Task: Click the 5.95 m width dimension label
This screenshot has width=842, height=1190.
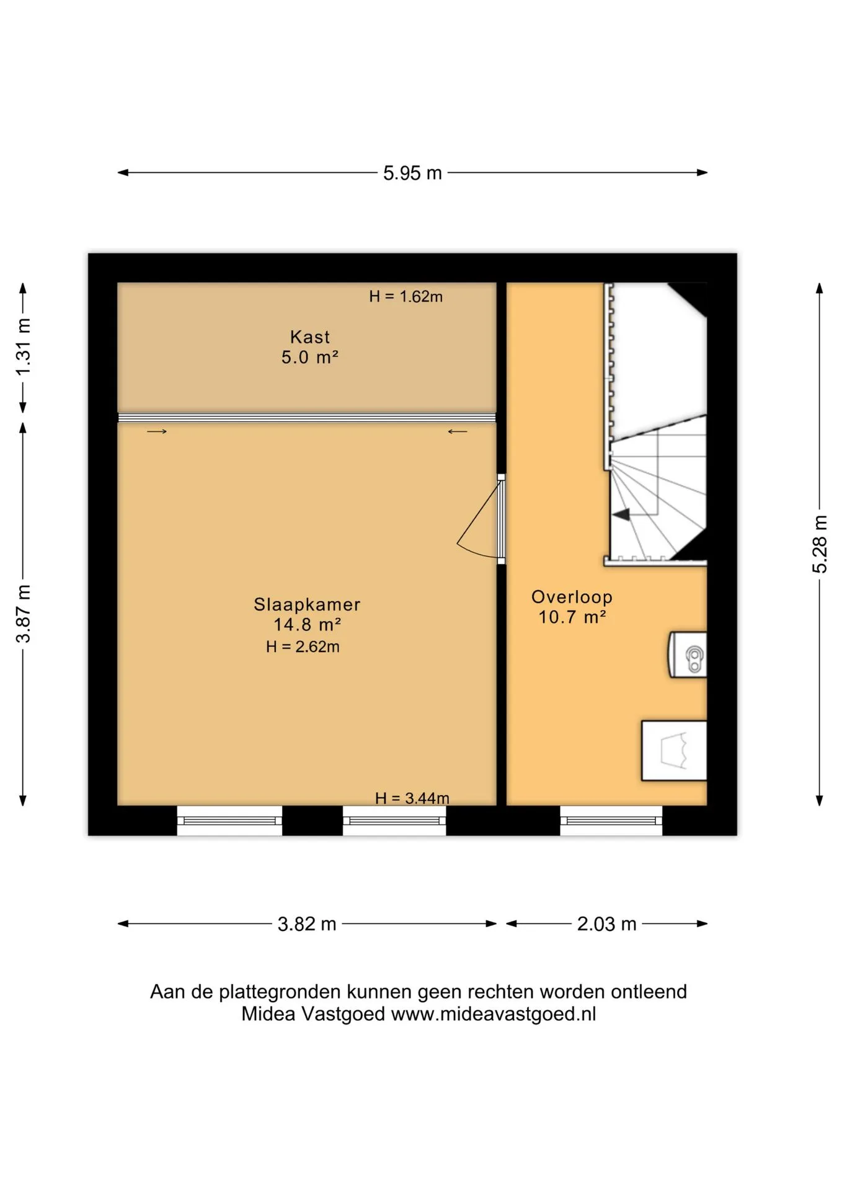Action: (x=412, y=173)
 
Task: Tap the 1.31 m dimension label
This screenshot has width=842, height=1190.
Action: (x=23, y=347)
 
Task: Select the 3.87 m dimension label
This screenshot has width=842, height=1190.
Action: (x=23, y=614)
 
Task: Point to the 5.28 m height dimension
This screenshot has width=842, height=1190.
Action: (x=819, y=544)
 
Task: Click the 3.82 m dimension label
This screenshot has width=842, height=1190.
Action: (x=307, y=924)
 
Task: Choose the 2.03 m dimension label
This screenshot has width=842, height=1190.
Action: (x=606, y=924)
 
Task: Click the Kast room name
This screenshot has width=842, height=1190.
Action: (x=310, y=337)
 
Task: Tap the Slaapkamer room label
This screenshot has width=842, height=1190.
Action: (x=307, y=604)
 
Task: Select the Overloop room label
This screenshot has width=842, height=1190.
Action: (x=572, y=597)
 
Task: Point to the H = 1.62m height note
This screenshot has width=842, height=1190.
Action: (x=406, y=297)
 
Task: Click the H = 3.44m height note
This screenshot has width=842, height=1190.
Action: (x=412, y=798)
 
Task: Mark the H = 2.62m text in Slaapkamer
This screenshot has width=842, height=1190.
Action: (x=303, y=647)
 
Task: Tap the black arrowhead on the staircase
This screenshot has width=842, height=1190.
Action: (x=621, y=514)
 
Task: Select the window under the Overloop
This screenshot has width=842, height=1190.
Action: (x=611, y=821)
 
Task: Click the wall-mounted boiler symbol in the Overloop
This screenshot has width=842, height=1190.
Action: (x=688, y=655)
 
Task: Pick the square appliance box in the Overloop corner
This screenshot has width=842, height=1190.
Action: (x=674, y=751)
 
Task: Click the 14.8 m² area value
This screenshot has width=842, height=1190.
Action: (x=307, y=625)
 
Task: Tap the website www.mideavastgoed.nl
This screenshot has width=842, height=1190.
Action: (x=494, y=1014)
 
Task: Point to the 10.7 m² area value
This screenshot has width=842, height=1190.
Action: (x=572, y=617)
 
